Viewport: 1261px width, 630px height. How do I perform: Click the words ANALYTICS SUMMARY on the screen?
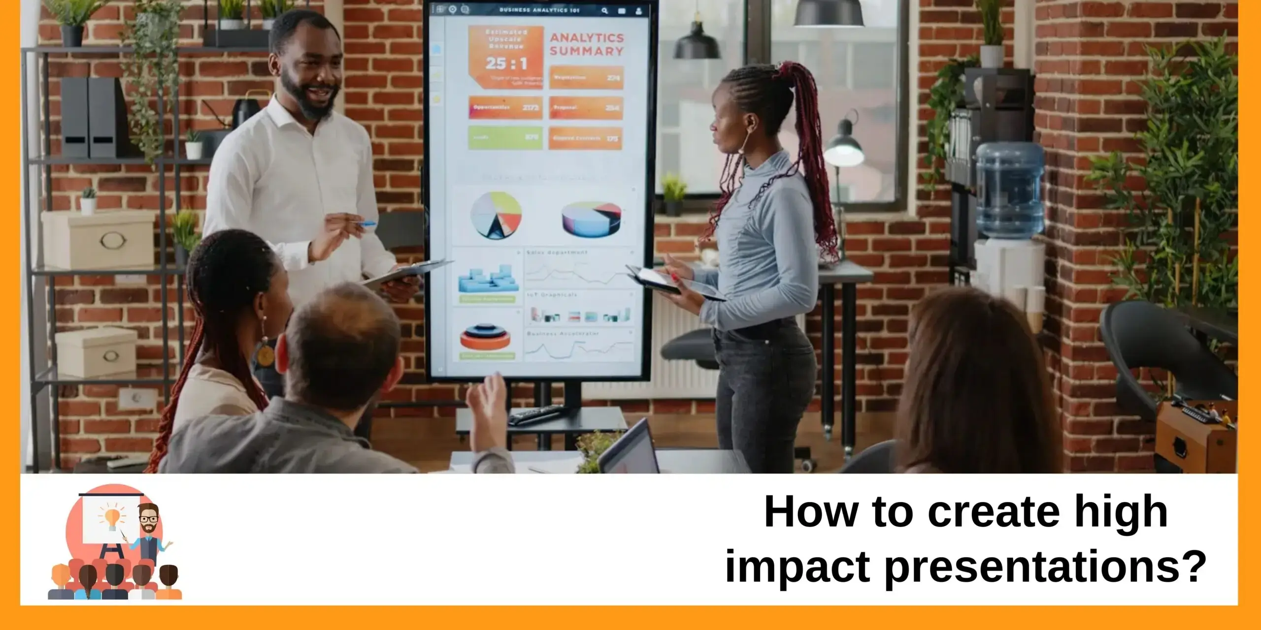586,44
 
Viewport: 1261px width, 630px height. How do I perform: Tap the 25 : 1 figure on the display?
506,63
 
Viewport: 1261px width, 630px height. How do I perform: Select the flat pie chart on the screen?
496,215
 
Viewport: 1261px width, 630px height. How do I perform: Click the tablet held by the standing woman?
675,284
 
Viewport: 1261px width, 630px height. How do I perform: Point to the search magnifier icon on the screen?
605,10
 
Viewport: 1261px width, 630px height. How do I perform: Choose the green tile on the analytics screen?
505,137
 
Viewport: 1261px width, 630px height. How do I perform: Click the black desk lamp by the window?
843,148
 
